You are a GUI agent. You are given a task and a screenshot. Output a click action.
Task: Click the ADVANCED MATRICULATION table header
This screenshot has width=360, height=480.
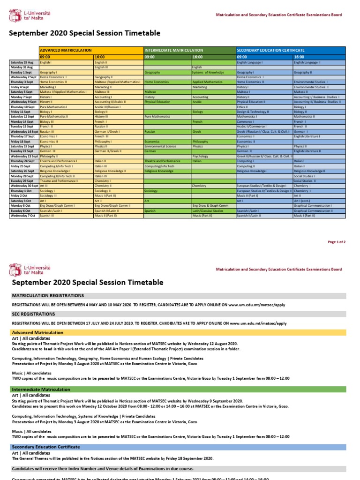(66, 50)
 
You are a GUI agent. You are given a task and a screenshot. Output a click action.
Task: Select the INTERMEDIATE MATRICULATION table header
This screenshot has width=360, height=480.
(174, 50)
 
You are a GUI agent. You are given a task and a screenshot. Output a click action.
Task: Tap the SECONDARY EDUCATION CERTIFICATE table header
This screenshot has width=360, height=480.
(271, 50)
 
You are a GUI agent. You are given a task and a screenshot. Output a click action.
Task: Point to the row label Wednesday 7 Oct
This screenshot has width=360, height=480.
(23, 216)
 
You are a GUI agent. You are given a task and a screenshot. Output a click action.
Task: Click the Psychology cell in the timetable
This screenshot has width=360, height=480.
(200, 157)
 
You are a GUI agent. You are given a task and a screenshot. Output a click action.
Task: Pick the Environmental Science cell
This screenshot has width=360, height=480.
(160, 146)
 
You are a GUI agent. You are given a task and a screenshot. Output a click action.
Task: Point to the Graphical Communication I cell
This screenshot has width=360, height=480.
(313, 205)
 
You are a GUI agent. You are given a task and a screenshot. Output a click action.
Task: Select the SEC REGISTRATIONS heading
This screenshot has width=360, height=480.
(30, 314)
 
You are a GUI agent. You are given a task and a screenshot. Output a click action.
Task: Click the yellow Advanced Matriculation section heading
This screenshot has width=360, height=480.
(37, 332)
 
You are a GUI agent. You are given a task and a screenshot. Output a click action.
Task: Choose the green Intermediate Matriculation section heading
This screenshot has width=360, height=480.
(41, 390)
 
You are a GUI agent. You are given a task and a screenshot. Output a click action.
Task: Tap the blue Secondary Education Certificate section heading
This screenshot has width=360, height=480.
(46, 447)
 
